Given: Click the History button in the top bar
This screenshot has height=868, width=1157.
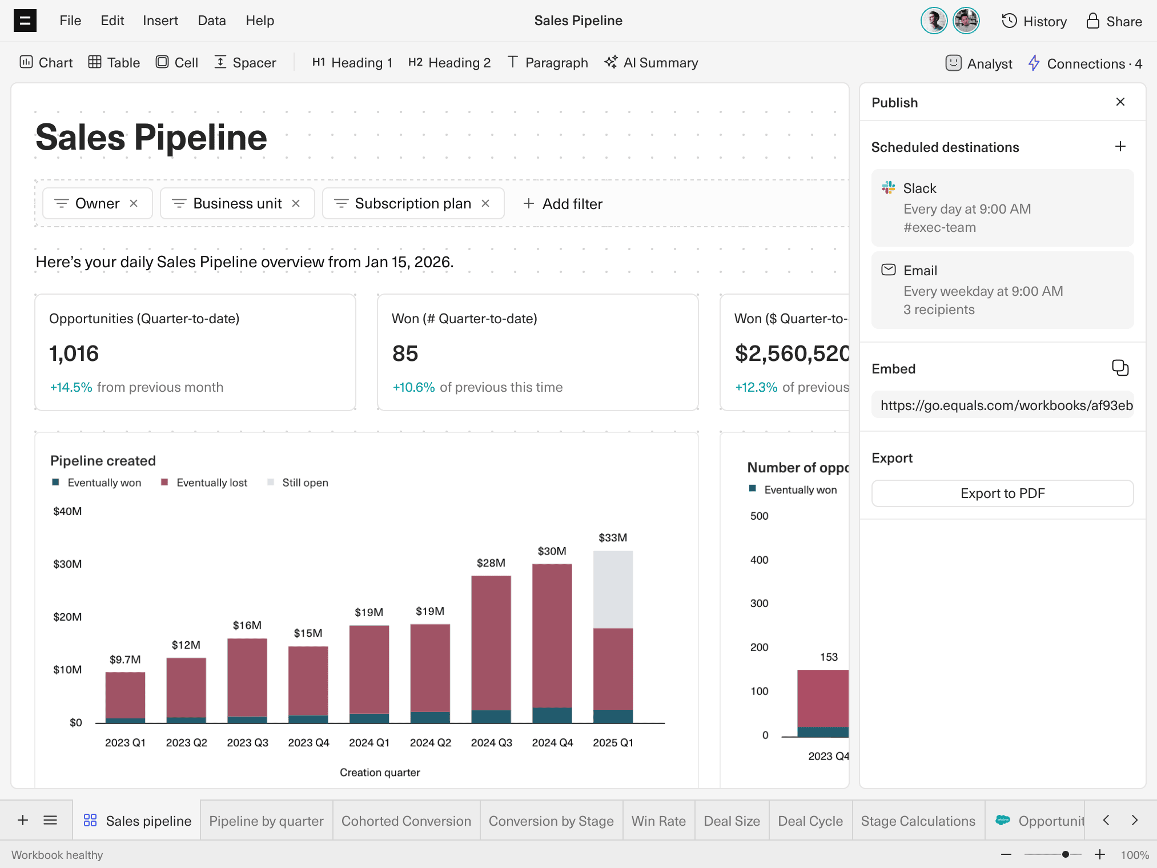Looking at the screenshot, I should [1034, 22].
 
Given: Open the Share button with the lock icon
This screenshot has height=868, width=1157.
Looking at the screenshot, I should [1114, 22].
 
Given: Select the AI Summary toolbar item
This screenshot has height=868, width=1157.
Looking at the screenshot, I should [652, 63].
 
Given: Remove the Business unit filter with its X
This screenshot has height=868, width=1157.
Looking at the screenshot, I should [296, 204].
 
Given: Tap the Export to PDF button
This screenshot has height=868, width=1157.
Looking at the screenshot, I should [1002, 493].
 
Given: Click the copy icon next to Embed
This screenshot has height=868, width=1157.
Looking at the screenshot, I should [1120, 368].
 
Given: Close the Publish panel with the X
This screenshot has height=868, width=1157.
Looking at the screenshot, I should [1120, 102].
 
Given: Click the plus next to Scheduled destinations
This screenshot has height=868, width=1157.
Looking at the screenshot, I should [1120, 147].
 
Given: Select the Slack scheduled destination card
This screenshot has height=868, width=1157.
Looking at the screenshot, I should [1002, 208].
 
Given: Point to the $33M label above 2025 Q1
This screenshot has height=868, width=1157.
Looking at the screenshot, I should [613, 538].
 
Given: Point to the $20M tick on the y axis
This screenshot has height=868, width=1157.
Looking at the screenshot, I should [67, 617].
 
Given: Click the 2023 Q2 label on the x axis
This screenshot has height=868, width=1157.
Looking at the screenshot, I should [186, 743].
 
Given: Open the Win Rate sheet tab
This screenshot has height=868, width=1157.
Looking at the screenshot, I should [658, 821].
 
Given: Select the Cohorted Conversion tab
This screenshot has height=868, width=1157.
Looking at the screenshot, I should [406, 821].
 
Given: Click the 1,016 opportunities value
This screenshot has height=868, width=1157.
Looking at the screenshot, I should [74, 354].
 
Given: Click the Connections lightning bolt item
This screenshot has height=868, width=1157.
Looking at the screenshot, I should [1084, 63].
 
